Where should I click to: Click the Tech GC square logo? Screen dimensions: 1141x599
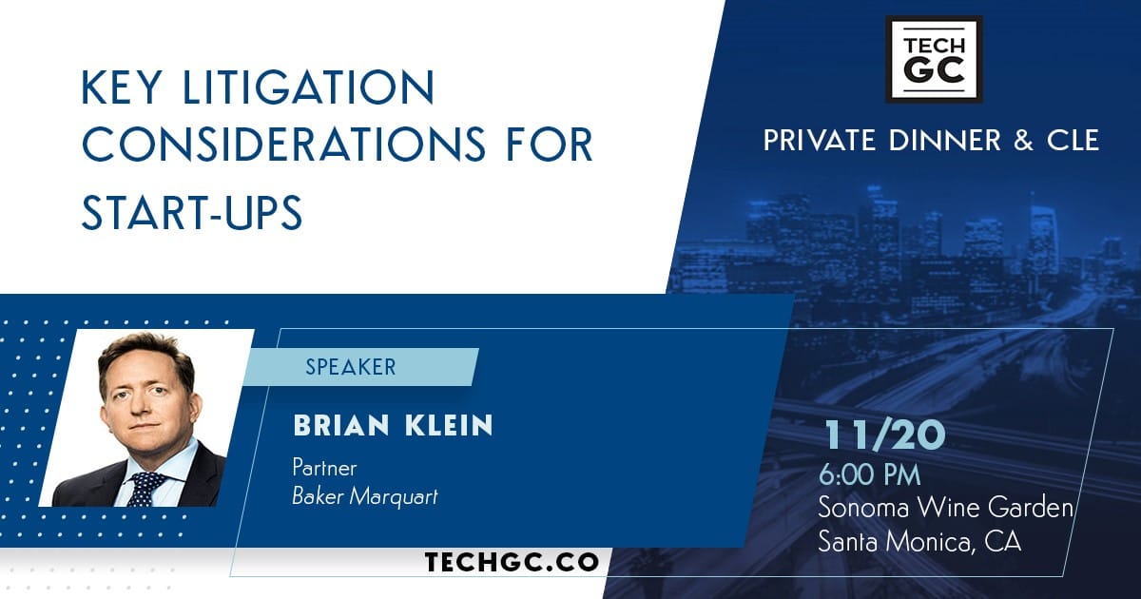pos(934,59)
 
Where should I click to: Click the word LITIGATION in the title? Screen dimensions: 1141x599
pos(308,87)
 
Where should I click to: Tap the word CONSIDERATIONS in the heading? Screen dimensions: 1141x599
pos(283,145)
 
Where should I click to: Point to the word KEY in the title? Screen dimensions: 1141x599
pos(123,87)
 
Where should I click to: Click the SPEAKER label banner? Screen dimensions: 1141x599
pos(360,367)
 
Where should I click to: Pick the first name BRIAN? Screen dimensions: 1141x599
pos(341,425)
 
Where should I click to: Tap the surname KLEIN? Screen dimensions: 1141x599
pos(449,425)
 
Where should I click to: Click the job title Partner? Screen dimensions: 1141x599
pos(324,467)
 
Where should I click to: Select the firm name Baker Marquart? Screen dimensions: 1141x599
pos(365,496)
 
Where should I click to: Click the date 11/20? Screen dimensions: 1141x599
pos(885,435)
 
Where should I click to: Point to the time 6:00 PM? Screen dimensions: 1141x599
pos(869,475)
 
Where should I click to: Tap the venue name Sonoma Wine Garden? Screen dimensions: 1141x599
pos(946,508)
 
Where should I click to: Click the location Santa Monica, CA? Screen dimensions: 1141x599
pos(919,541)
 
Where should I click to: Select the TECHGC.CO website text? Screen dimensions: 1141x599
pos(512,562)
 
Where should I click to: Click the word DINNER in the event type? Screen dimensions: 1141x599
pos(945,140)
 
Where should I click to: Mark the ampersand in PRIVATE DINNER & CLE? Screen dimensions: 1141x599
pos(1023,140)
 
